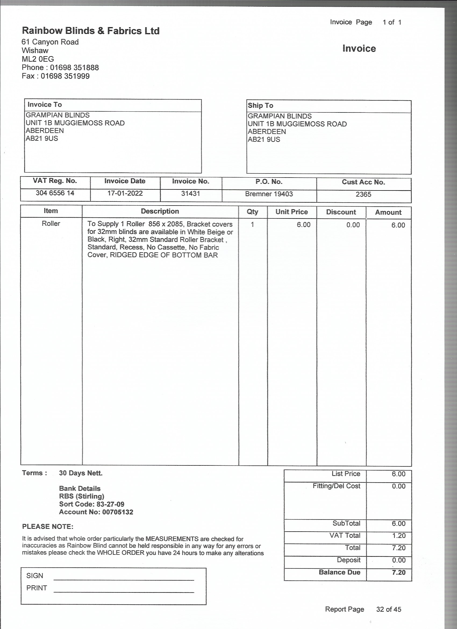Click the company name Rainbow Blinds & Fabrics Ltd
click(x=91, y=31)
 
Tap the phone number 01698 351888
click(x=74, y=68)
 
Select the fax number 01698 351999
click(x=65, y=76)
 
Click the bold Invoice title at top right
click(x=359, y=48)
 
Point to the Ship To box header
click(x=260, y=106)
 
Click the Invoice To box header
click(x=45, y=105)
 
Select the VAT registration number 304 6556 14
click(x=55, y=193)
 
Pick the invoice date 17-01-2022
click(x=125, y=193)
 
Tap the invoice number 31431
click(x=190, y=194)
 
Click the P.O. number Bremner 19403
click(x=269, y=194)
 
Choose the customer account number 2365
click(x=363, y=195)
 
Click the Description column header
click(x=160, y=211)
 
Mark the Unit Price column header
click(x=292, y=212)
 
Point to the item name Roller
click(x=51, y=224)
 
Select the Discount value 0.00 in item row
click(x=353, y=225)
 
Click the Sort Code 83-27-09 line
click(x=91, y=504)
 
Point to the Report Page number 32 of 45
click(x=388, y=609)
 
